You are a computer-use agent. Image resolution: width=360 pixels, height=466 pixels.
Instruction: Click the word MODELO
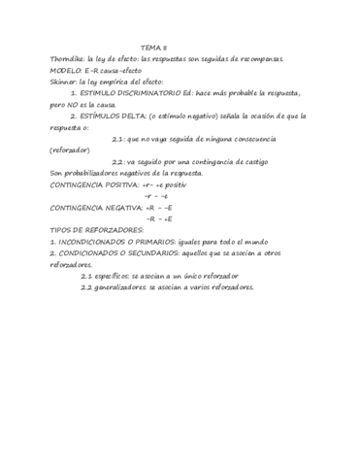[x=67, y=71]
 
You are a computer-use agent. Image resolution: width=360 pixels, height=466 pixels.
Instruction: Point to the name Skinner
[x=65, y=82]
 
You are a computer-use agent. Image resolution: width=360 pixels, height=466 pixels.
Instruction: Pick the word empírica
[x=127, y=82]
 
